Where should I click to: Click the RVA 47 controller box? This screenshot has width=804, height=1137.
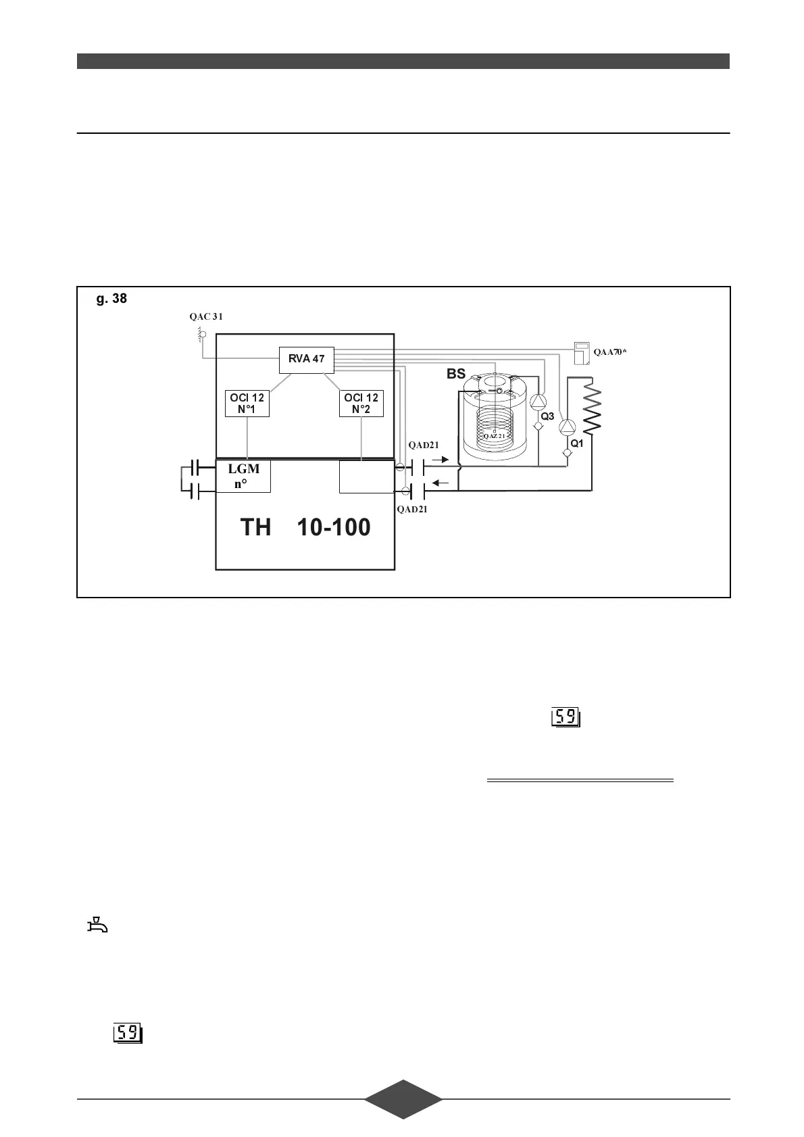(307, 359)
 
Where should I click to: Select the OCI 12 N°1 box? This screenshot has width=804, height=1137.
(247, 404)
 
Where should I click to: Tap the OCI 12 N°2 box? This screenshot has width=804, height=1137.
(361, 404)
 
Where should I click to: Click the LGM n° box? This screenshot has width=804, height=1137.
(243, 476)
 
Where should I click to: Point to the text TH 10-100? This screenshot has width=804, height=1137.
(305, 527)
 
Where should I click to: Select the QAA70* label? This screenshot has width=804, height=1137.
(610, 352)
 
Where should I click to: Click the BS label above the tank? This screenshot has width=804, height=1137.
(456, 374)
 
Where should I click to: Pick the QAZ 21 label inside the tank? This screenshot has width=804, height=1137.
(495, 436)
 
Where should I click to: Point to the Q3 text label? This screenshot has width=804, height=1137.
(547, 416)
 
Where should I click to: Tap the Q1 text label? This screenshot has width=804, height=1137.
(577, 443)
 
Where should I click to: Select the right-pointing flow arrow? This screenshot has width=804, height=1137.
(440, 460)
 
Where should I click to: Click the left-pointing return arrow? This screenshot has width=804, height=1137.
(440, 483)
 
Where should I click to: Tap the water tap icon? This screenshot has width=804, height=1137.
(97, 924)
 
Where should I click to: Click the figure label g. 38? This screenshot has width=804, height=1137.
(111, 298)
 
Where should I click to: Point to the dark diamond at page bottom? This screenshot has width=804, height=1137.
(403, 1100)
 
